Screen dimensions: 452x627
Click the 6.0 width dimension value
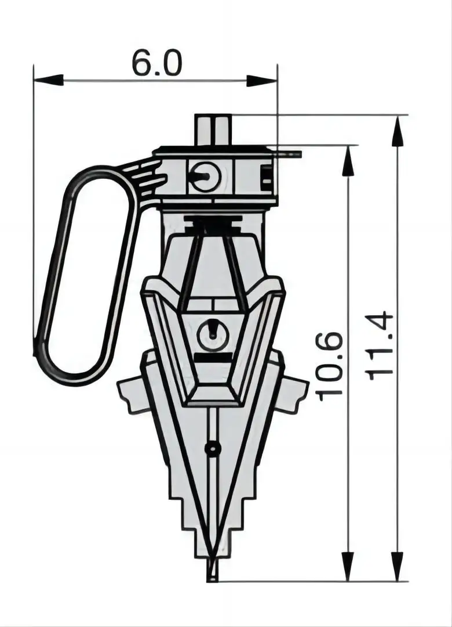(156, 63)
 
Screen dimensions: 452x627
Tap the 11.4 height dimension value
(380, 345)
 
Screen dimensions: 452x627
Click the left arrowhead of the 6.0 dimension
(49, 80)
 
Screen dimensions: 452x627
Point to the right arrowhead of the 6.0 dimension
(261, 80)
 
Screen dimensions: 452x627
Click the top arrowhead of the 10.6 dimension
(349, 160)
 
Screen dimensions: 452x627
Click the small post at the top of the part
(214, 130)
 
